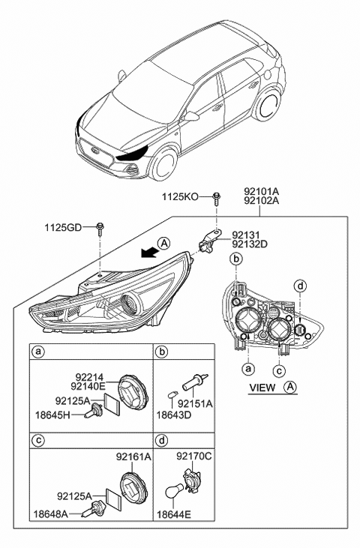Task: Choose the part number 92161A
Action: (133, 456)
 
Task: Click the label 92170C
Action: (194, 456)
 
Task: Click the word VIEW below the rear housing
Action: (262, 388)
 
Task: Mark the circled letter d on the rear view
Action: (300, 286)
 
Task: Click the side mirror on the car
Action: (193, 116)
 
